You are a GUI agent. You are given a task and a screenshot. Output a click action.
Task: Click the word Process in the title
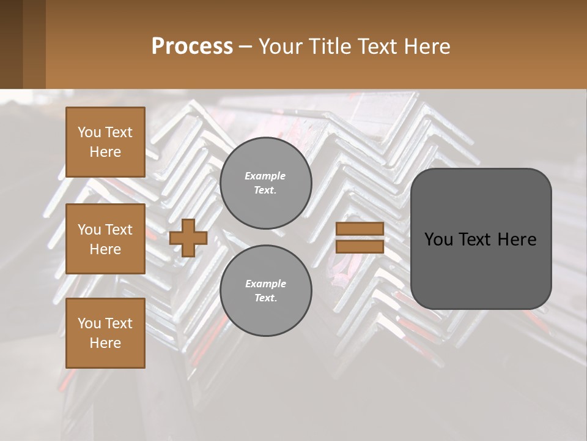[192, 46]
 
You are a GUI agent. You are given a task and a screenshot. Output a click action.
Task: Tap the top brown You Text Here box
[105, 142]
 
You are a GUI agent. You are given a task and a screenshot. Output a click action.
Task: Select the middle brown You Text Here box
[105, 239]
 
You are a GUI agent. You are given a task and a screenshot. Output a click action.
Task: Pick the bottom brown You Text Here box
[105, 333]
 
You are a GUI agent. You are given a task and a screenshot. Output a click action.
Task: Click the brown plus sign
[188, 238]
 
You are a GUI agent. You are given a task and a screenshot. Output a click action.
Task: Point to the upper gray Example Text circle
[265, 183]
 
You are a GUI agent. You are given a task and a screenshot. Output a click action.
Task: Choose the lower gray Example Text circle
[265, 291]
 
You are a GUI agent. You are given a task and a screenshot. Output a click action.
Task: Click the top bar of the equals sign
[360, 229]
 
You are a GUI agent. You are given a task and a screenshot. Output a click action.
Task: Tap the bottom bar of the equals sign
[360, 246]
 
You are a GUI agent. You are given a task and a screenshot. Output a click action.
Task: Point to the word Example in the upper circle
[265, 176]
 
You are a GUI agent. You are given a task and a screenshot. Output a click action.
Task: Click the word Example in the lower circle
[265, 284]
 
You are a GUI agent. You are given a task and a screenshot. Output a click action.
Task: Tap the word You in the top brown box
[89, 132]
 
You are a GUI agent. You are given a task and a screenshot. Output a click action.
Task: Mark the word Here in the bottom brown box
[105, 343]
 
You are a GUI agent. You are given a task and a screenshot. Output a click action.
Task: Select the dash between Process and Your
[245, 46]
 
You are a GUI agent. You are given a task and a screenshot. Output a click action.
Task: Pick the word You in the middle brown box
[89, 230]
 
